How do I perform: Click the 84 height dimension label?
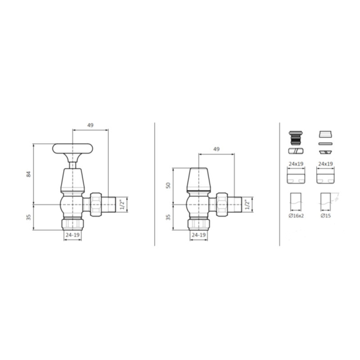pyautogui.click(x=29, y=174)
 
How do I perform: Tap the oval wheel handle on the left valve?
pyautogui.click(x=72, y=149)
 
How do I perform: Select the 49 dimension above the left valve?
pyautogui.click(x=91, y=125)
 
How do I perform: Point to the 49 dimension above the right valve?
pyautogui.click(x=216, y=149)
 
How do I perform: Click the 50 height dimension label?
pyautogui.click(x=169, y=185)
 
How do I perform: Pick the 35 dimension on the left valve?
pyautogui.click(x=29, y=217)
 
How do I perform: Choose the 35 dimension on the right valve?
pyautogui.click(x=169, y=217)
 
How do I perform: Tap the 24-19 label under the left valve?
pyautogui.click(x=72, y=235)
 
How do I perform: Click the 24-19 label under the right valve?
pyautogui.click(x=199, y=235)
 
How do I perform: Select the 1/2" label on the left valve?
pyautogui.click(x=122, y=205)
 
